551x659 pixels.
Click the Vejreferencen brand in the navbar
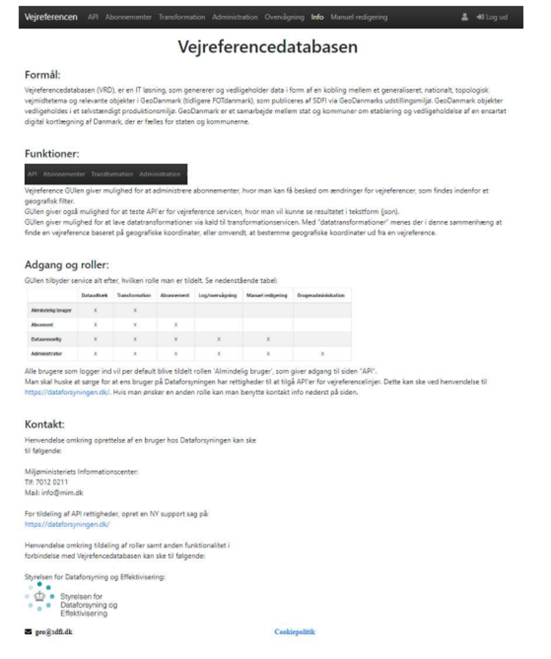pyautogui.click(x=52, y=17)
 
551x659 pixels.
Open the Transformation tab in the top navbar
pyautogui.click(x=182, y=17)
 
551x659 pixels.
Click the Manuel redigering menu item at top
pyautogui.click(x=359, y=17)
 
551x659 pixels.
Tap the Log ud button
pyautogui.click(x=492, y=17)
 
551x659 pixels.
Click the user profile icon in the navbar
pyautogui.click(x=465, y=17)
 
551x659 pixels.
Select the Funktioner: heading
pyautogui.click(x=52, y=153)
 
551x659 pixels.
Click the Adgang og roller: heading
pyautogui.click(x=71, y=265)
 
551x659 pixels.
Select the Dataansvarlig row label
pyautogui.click(x=45, y=339)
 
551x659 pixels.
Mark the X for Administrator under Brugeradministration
pyautogui.click(x=322, y=353)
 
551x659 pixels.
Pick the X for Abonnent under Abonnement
pyautogui.click(x=175, y=324)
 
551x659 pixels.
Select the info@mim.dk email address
pyautogui.click(x=58, y=492)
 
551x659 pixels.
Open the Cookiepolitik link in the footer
pyautogui.click(x=294, y=632)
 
